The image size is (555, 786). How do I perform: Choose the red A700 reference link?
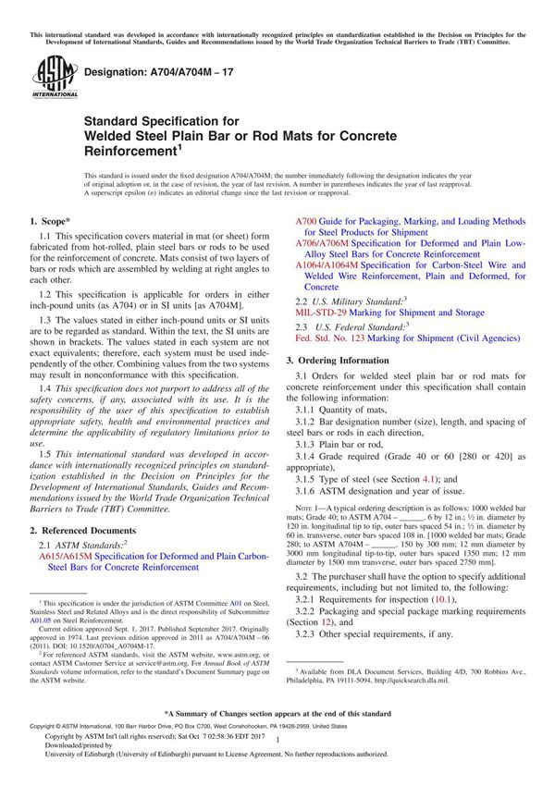point(306,223)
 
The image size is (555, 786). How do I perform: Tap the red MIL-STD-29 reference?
point(326,313)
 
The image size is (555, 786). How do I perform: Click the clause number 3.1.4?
point(308,457)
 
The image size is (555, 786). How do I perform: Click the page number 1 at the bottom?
point(277,755)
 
